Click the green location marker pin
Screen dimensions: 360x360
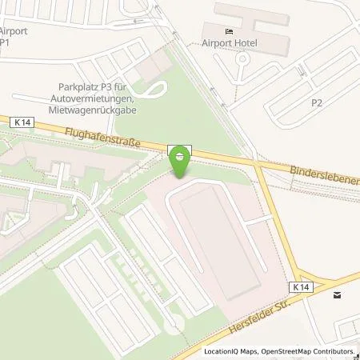point(180,159)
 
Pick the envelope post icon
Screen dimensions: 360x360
point(337,295)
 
